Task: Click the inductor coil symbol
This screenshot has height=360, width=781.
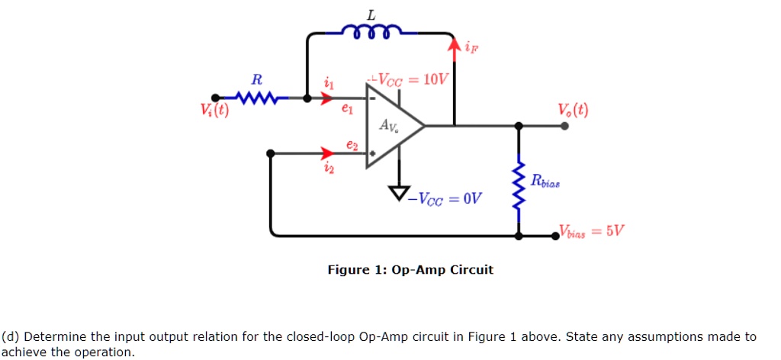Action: [371, 31]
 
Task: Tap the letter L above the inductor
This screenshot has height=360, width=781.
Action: [371, 15]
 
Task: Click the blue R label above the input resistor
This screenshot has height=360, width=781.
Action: [257, 79]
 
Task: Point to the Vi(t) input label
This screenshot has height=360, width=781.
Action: [214, 110]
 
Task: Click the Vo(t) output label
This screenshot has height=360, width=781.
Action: [573, 109]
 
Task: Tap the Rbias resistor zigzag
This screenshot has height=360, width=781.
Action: [519, 190]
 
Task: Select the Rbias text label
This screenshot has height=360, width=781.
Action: [545, 180]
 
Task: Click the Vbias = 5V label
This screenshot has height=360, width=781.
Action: [591, 230]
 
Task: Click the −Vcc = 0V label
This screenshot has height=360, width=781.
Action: [444, 199]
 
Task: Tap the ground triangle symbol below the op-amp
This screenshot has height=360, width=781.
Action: [399, 191]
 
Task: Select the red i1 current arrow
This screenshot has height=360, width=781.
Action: [326, 98]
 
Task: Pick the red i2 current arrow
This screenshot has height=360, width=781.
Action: [326, 153]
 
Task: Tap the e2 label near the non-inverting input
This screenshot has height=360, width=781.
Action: [352, 145]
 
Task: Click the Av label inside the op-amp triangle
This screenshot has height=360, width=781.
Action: [388, 126]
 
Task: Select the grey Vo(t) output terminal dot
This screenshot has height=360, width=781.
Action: [564, 126]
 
